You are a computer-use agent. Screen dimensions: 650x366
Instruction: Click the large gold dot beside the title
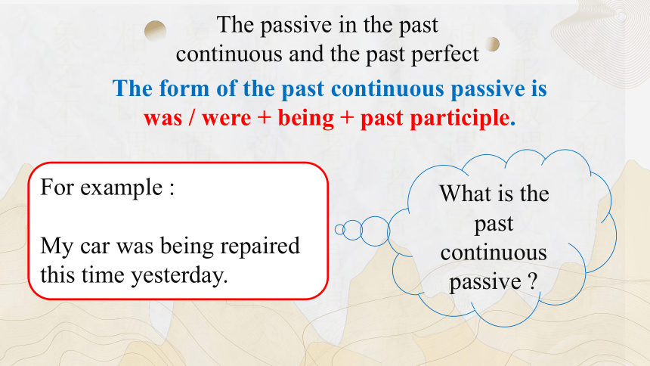(x=156, y=31)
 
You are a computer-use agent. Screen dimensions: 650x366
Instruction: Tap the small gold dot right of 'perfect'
(x=492, y=44)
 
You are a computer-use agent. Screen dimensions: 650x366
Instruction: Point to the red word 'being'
(x=306, y=118)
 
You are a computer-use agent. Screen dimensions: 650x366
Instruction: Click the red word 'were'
(x=226, y=119)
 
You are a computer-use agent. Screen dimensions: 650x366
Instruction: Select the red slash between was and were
(x=191, y=118)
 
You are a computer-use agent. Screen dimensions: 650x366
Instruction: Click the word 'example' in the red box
(x=121, y=188)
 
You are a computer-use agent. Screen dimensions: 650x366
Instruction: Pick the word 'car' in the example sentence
(x=95, y=247)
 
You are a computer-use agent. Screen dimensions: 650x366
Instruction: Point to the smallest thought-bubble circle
(x=340, y=229)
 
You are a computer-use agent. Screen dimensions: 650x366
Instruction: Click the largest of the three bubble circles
(x=375, y=231)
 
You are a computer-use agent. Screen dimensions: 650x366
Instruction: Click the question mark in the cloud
(x=533, y=282)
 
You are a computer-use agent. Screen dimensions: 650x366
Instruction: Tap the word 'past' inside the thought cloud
(x=494, y=225)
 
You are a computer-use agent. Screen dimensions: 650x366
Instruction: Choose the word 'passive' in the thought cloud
(x=485, y=283)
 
